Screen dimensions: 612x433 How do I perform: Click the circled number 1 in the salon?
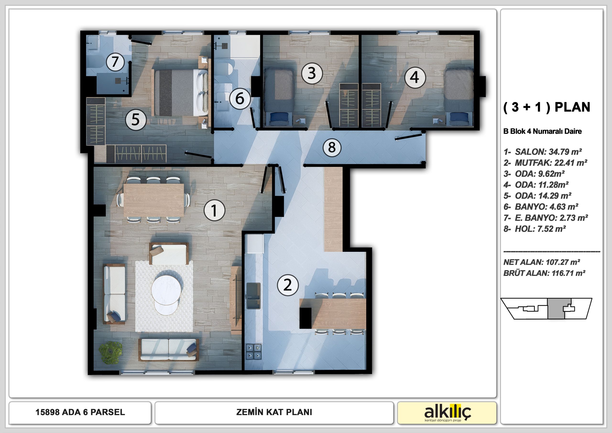pyautogui.click(x=214, y=210)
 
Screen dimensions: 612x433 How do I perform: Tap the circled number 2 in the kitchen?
pyautogui.click(x=288, y=285)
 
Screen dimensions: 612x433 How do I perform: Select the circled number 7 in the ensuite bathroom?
pyautogui.click(x=115, y=62)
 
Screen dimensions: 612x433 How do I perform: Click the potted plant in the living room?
pyautogui.click(x=111, y=352)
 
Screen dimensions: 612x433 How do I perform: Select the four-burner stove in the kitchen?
pyautogui.click(x=253, y=351)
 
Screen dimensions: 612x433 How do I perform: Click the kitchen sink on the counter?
pyautogui.click(x=253, y=295)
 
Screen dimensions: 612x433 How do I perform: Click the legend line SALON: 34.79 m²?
pyautogui.click(x=543, y=152)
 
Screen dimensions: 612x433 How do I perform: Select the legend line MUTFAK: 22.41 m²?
pyautogui.click(x=545, y=163)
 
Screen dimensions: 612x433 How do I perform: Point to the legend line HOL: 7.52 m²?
pyautogui.click(x=535, y=229)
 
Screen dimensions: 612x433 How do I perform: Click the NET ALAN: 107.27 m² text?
pyautogui.click(x=542, y=262)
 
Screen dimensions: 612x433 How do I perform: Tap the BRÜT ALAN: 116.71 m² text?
pyautogui.click(x=544, y=273)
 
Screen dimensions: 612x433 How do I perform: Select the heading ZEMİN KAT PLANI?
pyautogui.click(x=274, y=412)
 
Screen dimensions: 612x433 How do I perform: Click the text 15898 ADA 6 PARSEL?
pyautogui.click(x=80, y=412)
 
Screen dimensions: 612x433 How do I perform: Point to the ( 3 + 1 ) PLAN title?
pyautogui.click(x=547, y=107)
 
